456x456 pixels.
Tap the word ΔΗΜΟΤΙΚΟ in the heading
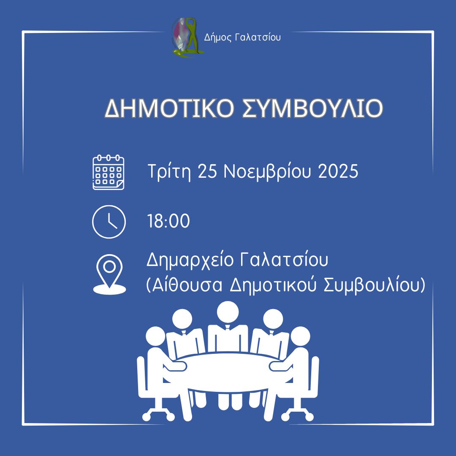coord(164,109)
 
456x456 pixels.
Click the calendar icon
coord(109,172)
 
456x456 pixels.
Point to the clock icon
coord(109,222)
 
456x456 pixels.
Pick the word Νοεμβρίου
coord(267,172)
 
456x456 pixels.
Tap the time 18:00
coord(168,222)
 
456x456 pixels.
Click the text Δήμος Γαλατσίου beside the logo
coord(242,38)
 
